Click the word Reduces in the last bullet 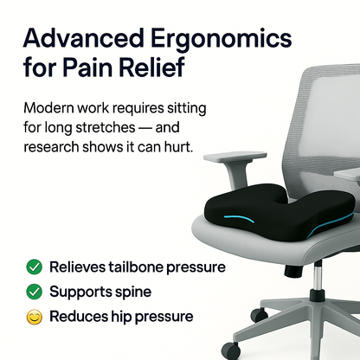point(78,317)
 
